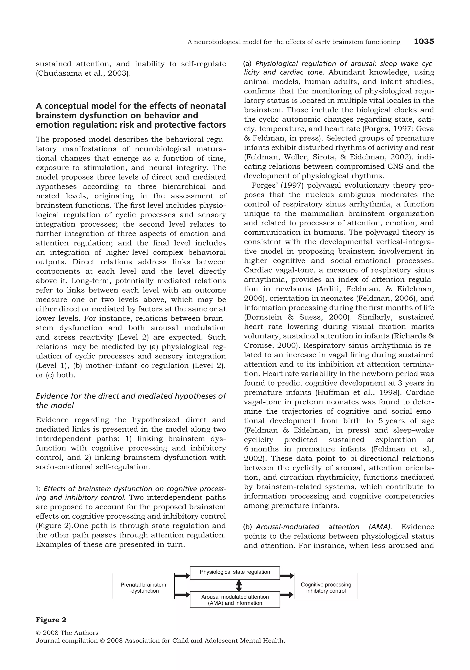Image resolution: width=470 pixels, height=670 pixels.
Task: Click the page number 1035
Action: (424, 41)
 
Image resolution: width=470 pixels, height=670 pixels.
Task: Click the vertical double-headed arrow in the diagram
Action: (239, 585)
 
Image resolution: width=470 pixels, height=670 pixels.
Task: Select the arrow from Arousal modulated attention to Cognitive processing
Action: (286, 594)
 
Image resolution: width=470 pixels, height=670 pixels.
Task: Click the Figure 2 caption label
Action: (51, 620)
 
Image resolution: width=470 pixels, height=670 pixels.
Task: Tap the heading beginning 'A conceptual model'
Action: (131, 115)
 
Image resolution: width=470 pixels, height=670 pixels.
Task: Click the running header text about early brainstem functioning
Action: (294, 42)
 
